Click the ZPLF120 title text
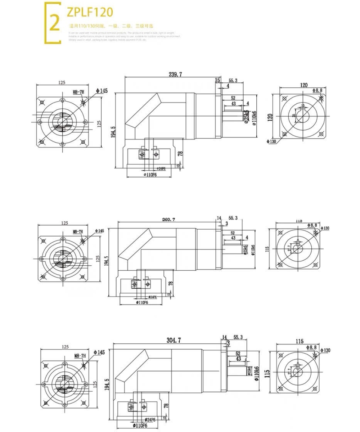90,12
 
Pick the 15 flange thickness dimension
217,80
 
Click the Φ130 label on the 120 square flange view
271,141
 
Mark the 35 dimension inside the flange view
294,116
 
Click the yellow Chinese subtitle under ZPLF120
111,26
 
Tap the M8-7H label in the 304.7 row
80,356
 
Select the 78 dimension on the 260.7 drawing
171,283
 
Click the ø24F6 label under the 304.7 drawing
150,420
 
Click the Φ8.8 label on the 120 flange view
317,90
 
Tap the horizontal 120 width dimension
303,85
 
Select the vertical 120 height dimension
270,117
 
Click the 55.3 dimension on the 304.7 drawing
238,337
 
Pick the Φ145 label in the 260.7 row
99,230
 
